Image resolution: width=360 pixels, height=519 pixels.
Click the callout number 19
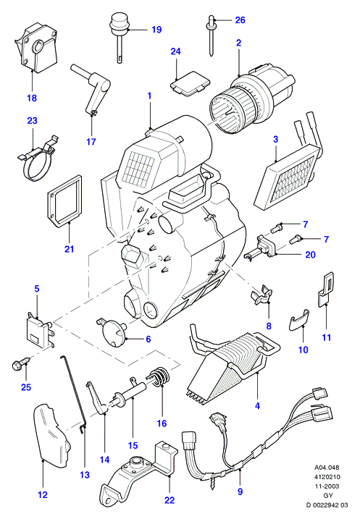coord(156,30)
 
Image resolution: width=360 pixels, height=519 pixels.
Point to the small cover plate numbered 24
coord(190,83)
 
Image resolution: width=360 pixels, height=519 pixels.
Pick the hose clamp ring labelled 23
coord(36,159)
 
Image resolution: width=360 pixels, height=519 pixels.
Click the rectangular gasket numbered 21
coord(64,201)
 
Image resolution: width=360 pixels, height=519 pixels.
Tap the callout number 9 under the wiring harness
coord(240,491)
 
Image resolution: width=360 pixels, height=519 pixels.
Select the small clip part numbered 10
coord(298,319)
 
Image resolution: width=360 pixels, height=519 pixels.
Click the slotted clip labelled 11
coord(325,290)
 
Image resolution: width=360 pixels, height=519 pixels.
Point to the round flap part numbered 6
coord(112,332)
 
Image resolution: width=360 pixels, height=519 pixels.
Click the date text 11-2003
coord(327,486)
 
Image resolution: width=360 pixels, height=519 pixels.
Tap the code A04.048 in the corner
coord(327,468)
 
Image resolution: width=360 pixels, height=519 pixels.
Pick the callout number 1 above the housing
coord(149,96)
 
